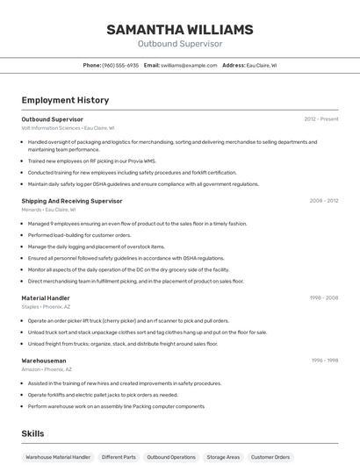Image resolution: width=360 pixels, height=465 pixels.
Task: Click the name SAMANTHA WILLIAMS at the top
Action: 179,30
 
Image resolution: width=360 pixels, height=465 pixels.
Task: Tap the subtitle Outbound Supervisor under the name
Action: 179,44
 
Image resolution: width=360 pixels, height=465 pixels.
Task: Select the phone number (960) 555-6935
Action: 120,65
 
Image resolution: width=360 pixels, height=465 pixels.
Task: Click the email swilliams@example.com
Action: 189,65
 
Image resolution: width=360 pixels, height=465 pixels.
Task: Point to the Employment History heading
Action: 65,100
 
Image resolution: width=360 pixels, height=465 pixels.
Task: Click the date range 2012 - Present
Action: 321,118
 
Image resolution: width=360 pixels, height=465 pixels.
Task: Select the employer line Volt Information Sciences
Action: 68,128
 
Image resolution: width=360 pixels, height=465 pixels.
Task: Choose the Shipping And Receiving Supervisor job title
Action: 72,201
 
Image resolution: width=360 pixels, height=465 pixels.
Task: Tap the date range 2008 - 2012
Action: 323,201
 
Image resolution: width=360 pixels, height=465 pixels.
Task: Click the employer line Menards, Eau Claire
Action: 48,210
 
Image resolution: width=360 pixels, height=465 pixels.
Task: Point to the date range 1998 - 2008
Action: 323,298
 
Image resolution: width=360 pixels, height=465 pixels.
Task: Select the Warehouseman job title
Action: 44,361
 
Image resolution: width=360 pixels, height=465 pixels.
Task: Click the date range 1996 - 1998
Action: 324,361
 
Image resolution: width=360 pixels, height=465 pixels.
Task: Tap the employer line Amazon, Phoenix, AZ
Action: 47,369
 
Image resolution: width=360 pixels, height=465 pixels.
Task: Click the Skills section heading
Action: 32,433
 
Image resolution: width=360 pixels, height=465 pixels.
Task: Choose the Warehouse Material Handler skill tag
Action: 58,457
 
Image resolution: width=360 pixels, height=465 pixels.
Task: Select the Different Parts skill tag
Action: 119,457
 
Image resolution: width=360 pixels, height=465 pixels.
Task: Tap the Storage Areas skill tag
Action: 223,457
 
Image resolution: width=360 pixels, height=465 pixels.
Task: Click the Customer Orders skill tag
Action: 270,457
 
